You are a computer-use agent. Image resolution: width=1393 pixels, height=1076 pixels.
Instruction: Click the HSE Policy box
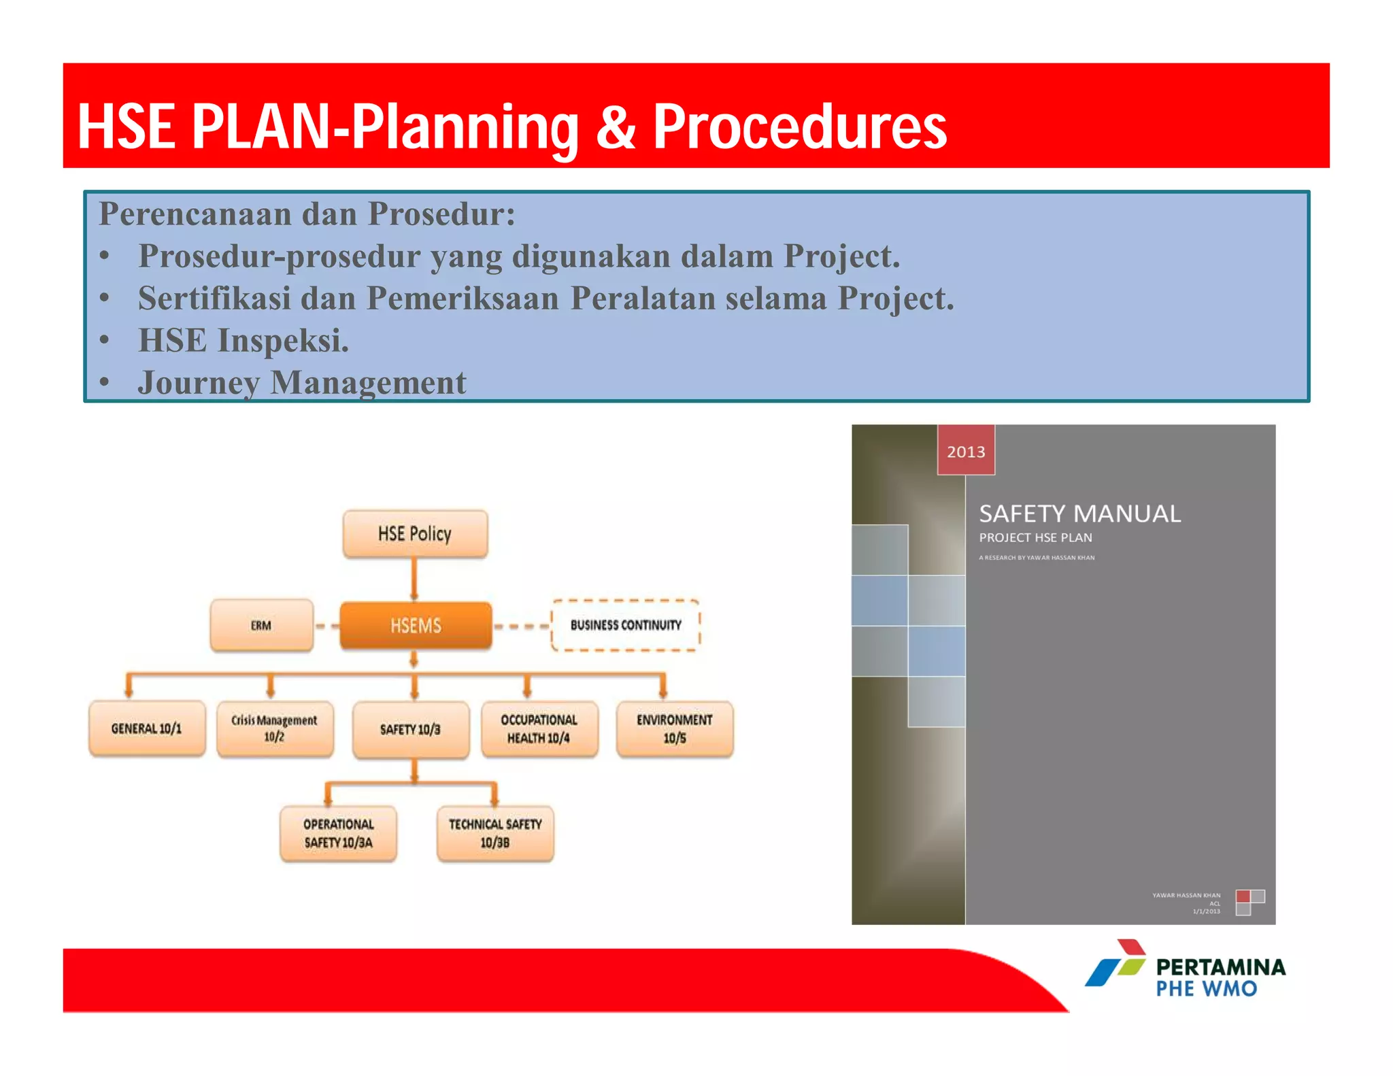coord(415,534)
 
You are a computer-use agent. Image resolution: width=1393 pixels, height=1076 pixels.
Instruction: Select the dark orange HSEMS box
coord(416,625)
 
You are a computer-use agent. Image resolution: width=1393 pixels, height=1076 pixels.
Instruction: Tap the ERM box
coord(261,625)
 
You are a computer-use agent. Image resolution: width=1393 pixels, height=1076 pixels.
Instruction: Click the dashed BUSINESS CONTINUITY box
coord(625,625)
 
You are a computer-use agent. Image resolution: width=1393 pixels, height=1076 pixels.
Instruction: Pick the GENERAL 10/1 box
coord(147,728)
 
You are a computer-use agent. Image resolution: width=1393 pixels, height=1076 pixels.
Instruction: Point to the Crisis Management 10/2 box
coord(275,728)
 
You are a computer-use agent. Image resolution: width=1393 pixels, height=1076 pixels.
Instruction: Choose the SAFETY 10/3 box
coord(411,730)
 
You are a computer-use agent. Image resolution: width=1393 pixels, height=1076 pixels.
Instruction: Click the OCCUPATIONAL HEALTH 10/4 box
coord(539,729)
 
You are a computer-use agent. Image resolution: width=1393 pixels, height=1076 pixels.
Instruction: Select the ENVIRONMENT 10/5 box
coord(675,729)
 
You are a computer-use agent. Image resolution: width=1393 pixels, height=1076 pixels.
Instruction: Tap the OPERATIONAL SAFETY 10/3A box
coord(338,833)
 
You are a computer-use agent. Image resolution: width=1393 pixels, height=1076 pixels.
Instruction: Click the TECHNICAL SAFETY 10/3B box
coord(495,833)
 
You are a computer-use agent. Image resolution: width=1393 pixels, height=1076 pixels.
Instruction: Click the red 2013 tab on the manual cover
coord(966,451)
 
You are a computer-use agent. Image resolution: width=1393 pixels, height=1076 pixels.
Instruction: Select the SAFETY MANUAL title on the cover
coord(1079,514)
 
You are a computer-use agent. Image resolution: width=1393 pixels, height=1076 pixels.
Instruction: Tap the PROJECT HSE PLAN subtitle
coord(1035,537)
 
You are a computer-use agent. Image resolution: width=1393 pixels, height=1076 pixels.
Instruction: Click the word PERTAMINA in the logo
coord(1221,966)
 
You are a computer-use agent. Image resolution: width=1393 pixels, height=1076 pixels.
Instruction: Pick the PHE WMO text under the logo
coord(1207,989)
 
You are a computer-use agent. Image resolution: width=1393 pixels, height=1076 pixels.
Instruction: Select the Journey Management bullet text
coord(302,382)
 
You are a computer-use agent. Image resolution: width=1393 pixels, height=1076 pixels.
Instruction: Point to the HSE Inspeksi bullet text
coord(244,340)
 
